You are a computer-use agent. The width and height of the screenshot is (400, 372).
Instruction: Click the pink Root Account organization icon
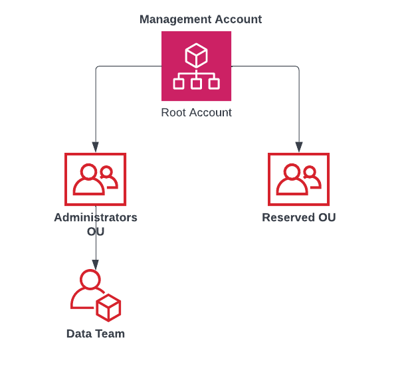pos(196,66)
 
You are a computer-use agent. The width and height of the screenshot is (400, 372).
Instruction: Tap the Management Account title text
pos(201,19)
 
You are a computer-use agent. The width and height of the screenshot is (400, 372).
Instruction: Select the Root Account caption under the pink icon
pos(196,112)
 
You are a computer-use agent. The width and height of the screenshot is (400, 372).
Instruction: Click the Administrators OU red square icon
pos(95,179)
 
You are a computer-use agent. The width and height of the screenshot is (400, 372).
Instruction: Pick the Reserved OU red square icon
pos(298,179)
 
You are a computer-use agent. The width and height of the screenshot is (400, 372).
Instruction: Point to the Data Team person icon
pos(95,295)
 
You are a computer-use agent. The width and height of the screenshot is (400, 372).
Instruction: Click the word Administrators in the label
pos(96,217)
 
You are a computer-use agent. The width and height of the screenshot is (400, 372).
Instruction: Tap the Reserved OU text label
pos(298,217)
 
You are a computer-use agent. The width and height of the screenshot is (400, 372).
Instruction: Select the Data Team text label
pos(96,333)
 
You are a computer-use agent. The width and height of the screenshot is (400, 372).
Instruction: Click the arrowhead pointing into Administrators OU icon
pos(96,147)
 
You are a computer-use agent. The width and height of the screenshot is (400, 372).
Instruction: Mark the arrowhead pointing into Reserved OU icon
pos(299,147)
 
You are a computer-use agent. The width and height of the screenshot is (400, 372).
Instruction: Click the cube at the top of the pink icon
pos(196,55)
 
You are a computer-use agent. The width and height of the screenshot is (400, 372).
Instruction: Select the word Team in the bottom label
pos(110,333)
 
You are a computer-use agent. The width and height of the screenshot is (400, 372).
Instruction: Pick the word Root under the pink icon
pos(174,112)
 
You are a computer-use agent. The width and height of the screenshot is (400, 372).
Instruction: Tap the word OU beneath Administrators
pos(96,232)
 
